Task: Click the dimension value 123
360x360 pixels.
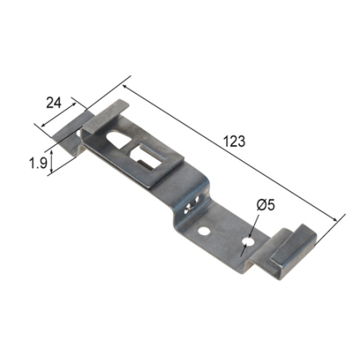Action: (x=233, y=141)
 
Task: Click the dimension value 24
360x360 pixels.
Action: (x=53, y=103)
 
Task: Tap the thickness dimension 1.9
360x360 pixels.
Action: (x=37, y=163)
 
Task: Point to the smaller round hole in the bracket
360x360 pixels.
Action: (x=205, y=232)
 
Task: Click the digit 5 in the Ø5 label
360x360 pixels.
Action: (x=272, y=205)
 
